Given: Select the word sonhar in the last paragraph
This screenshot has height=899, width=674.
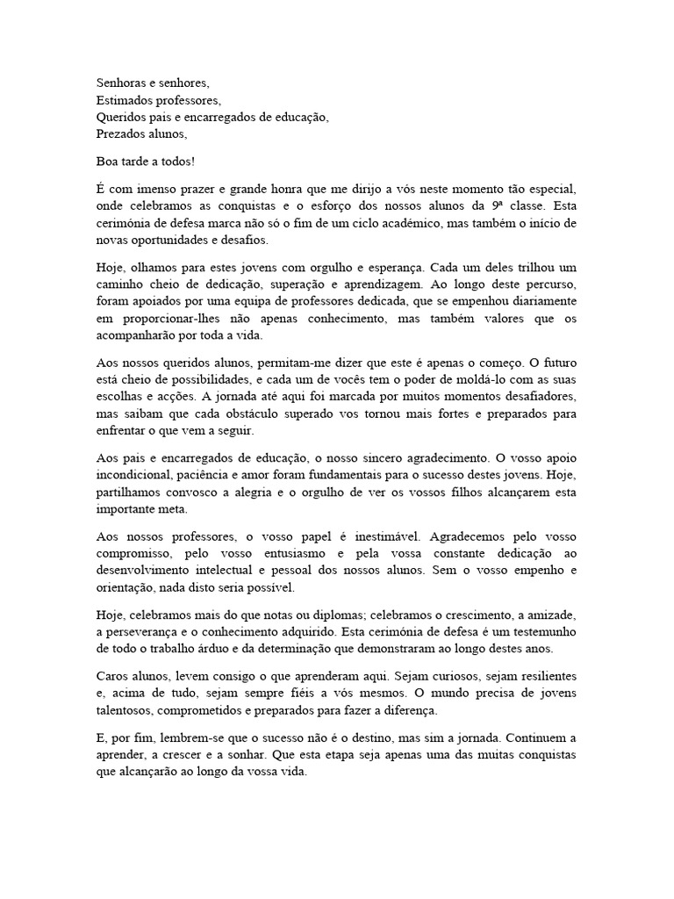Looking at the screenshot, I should (x=316, y=754).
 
